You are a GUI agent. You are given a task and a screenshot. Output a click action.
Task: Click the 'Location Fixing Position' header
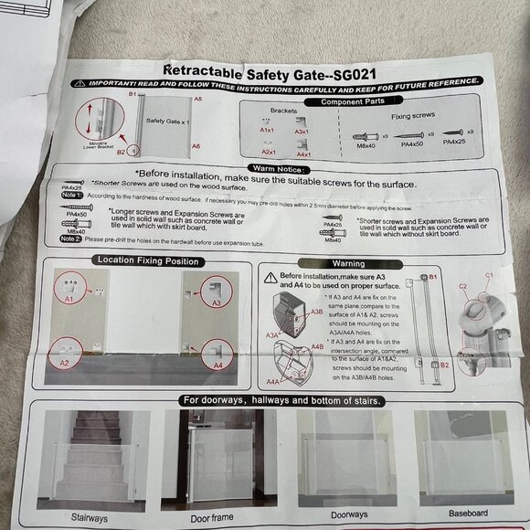[x=146, y=260]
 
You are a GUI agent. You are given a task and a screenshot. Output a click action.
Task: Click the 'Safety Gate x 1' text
[x=166, y=120]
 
